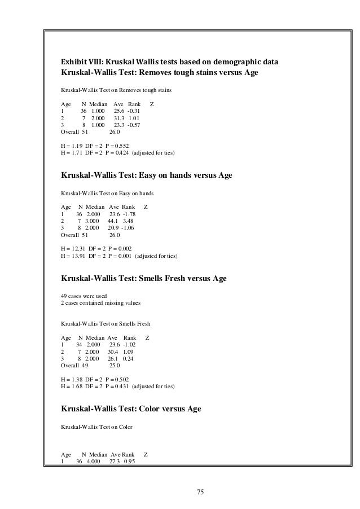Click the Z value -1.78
pyautogui.click(x=128, y=214)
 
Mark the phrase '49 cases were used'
pyautogui.click(x=84, y=296)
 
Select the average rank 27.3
pyautogui.click(x=115, y=462)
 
